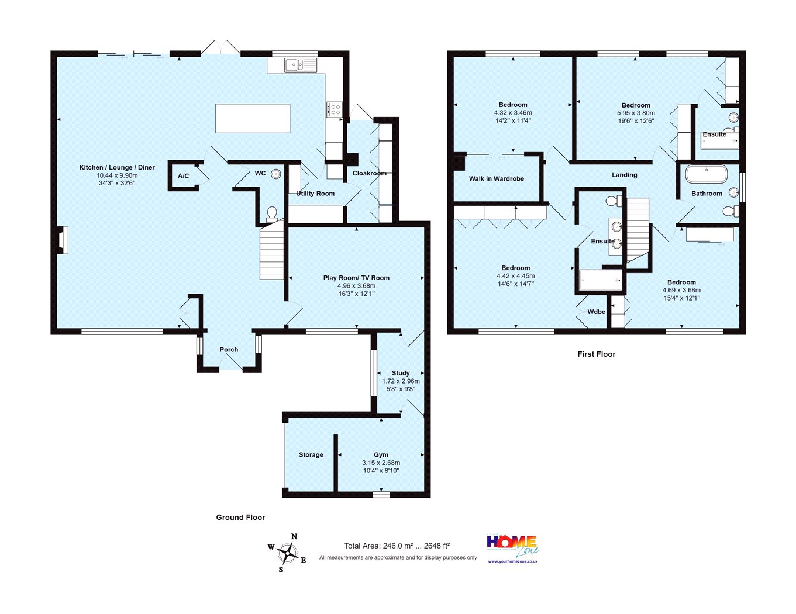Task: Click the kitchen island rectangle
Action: pyautogui.click(x=253, y=118)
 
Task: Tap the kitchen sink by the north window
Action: pyautogui.click(x=301, y=65)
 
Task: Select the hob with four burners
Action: pyautogui.click(x=335, y=109)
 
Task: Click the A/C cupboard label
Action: pyautogui.click(x=183, y=176)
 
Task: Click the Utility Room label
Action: pyautogui.click(x=315, y=194)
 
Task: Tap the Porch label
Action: pyautogui.click(x=229, y=349)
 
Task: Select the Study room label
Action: pyautogui.click(x=401, y=373)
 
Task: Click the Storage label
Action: pyautogui.click(x=311, y=455)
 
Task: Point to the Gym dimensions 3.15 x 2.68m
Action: pyautogui.click(x=381, y=463)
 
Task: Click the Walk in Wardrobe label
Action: pyautogui.click(x=497, y=179)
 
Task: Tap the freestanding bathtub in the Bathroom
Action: pyautogui.click(x=707, y=174)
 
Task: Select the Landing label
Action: pyautogui.click(x=625, y=175)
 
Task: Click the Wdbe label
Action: pyautogui.click(x=597, y=312)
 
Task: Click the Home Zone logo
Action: pyautogui.click(x=513, y=549)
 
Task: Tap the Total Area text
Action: pyautogui.click(x=397, y=546)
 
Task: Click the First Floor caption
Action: pyautogui.click(x=597, y=354)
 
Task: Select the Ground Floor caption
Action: pyautogui.click(x=240, y=518)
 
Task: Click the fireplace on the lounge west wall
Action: pyautogui.click(x=63, y=240)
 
